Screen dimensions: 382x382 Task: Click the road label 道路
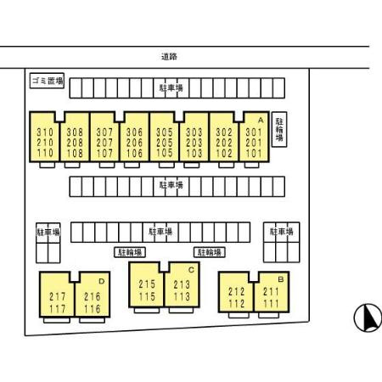pyautogui.click(x=169, y=57)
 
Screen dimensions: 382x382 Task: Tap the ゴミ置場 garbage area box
pyautogui.click(x=47, y=81)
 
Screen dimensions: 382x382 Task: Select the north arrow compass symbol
pyautogui.click(x=368, y=317)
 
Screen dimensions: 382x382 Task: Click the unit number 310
pyautogui.click(x=45, y=132)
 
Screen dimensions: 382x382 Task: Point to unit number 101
pyautogui.click(x=254, y=154)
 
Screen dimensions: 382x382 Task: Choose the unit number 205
pyautogui.click(x=165, y=143)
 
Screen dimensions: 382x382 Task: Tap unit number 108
pyautogui.click(x=75, y=154)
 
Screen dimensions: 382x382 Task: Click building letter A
pyautogui.click(x=261, y=121)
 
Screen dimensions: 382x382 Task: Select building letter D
pyautogui.click(x=102, y=281)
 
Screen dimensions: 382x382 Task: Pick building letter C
pyautogui.click(x=191, y=270)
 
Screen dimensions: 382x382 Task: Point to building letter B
pyautogui.click(x=281, y=279)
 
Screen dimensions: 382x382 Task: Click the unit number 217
pyautogui.click(x=58, y=296)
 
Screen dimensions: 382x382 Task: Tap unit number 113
pyautogui.click(x=182, y=296)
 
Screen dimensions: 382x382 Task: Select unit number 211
pyautogui.click(x=271, y=291)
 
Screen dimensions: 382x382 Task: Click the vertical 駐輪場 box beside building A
pyautogui.click(x=279, y=129)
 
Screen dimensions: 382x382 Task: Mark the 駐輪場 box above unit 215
pyautogui.click(x=130, y=252)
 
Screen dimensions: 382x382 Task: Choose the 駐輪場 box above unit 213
pyautogui.click(x=210, y=252)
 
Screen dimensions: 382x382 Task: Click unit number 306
pyautogui.click(x=134, y=132)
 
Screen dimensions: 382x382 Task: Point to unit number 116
pyautogui.click(x=93, y=309)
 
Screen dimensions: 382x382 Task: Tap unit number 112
pyautogui.click(x=236, y=304)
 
